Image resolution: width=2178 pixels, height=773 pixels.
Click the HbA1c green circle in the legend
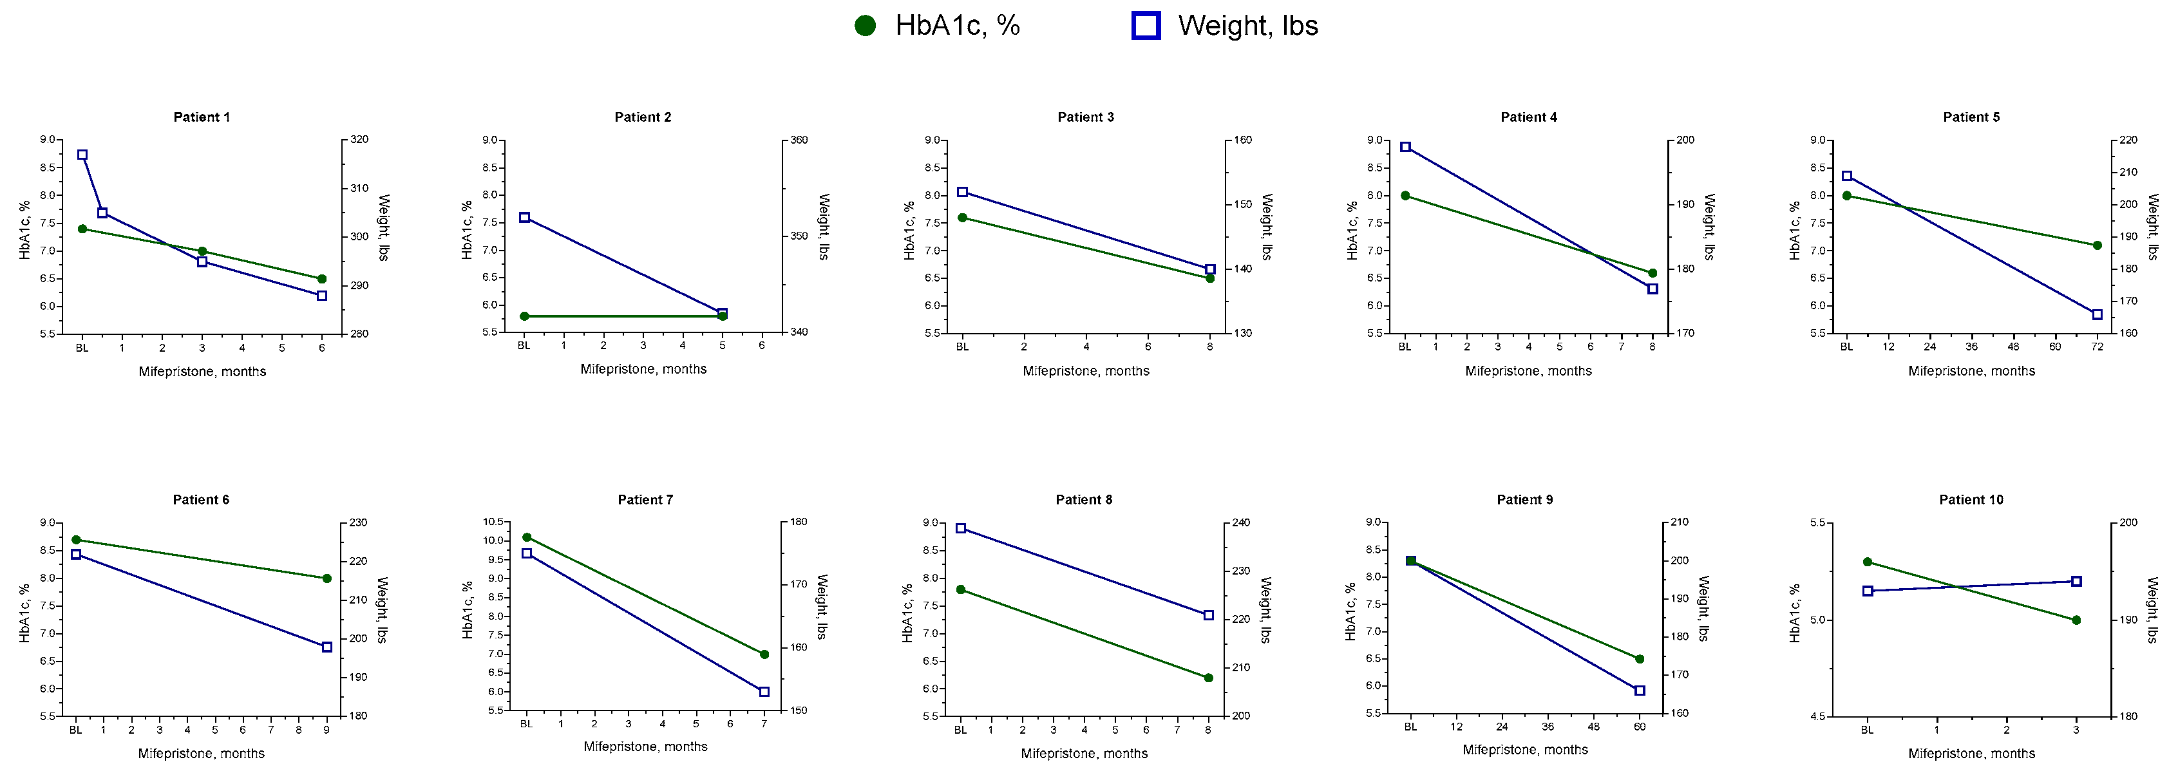pos(865,26)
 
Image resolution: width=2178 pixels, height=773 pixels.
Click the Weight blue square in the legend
pos(1146,26)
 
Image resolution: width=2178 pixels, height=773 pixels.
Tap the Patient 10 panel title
pos(1971,500)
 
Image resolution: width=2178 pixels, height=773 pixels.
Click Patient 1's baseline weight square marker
pos(82,155)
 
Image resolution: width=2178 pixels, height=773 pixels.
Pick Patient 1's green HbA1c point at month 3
pos(202,251)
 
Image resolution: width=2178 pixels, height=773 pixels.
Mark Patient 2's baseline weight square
pos(524,217)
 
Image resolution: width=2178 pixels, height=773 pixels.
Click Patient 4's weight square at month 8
pos(1652,289)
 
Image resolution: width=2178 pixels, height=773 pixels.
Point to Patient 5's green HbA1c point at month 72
pos(2097,245)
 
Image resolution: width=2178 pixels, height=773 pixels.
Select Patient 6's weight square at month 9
pos(327,647)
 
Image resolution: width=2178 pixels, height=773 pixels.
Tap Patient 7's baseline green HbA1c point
pos(527,537)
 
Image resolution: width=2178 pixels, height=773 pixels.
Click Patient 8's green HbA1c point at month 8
pos(1208,678)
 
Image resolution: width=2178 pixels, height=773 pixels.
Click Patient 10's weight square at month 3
pos(2076,581)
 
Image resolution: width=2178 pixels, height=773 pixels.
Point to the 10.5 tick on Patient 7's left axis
pos(493,522)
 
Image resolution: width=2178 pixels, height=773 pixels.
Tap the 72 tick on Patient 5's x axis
pos(2097,347)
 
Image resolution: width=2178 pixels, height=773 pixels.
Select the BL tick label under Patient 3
pos(962,347)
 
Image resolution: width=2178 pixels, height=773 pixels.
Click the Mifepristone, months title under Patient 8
pos(1084,754)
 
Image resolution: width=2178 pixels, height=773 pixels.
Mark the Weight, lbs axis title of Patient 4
pos(1709,227)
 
